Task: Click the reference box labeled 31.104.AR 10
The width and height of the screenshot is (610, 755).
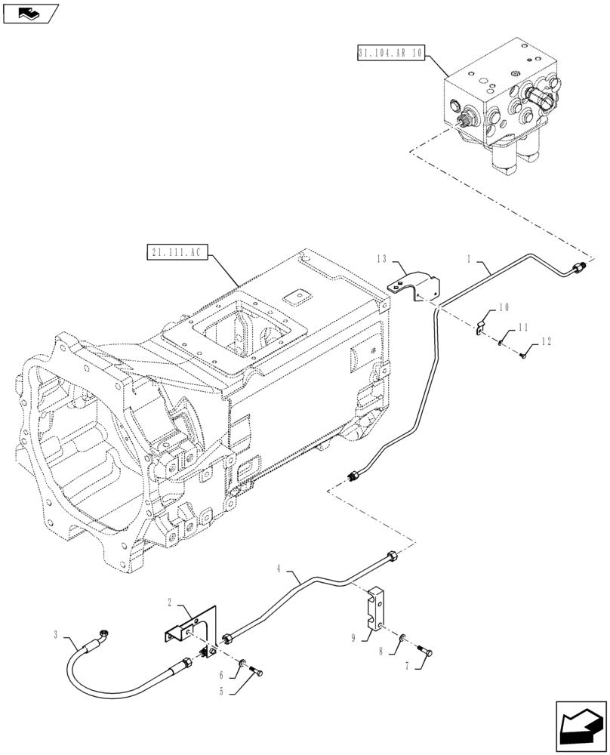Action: tap(390, 54)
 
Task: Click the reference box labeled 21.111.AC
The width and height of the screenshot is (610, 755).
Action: tap(174, 251)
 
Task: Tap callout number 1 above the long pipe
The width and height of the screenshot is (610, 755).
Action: tap(469, 259)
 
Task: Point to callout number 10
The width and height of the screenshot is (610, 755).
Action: tap(504, 308)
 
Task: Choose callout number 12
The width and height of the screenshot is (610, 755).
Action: tap(546, 342)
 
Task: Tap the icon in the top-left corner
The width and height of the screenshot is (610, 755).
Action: tap(30, 13)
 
